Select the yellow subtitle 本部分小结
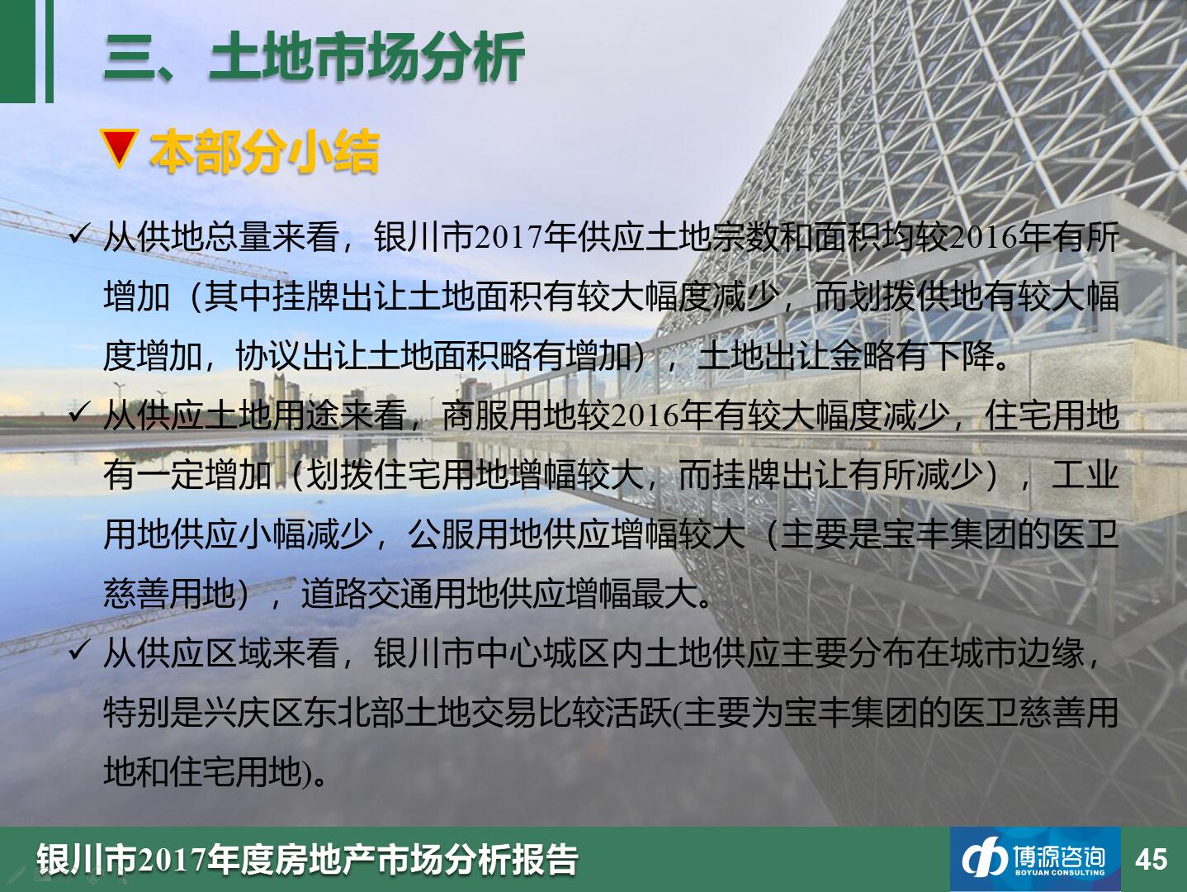(264, 152)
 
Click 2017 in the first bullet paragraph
(508, 238)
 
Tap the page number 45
(1152, 858)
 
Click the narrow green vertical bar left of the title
(50, 51)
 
